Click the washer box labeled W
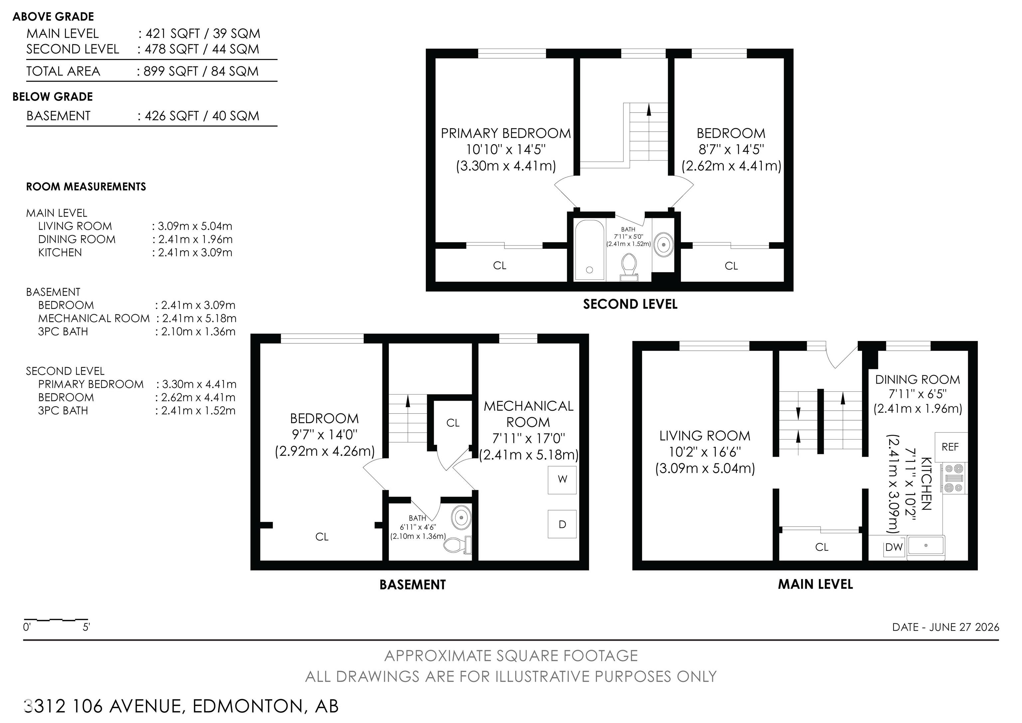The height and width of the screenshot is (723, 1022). pyautogui.click(x=562, y=480)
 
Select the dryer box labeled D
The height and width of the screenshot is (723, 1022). pyautogui.click(x=562, y=524)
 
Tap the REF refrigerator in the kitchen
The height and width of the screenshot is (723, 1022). pyautogui.click(x=951, y=447)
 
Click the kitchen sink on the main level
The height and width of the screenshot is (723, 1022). pyautogui.click(x=926, y=546)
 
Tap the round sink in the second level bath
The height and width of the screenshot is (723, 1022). pyautogui.click(x=664, y=244)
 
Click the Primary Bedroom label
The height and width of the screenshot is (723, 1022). pyautogui.click(x=506, y=133)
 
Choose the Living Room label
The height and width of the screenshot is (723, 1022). pyautogui.click(x=705, y=436)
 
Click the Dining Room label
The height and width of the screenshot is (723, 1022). pyautogui.click(x=918, y=380)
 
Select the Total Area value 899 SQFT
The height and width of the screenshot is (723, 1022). pyautogui.click(x=171, y=71)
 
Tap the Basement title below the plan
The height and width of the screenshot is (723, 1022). pyautogui.click(x=413, y=584)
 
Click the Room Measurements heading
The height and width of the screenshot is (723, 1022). pyautogui.click(x=86, y=186)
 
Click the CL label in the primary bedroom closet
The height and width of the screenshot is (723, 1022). pyautogui.click(x=499, y=265)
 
